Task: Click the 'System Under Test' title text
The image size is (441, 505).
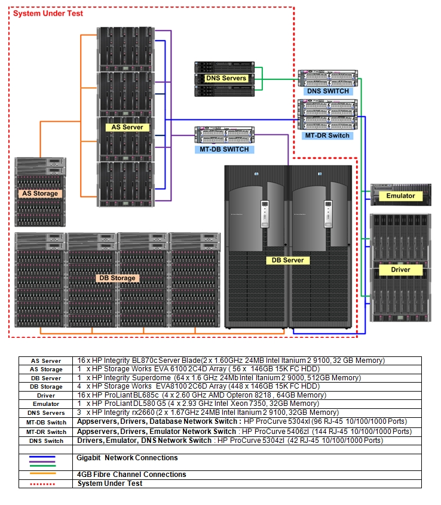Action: pos(48,13)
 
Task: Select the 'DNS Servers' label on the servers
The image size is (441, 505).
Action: pos(225,78)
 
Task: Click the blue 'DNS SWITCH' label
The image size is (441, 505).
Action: pos(327,91)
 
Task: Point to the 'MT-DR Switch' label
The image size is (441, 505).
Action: pos(327,136)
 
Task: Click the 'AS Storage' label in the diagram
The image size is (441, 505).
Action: pos(40,193)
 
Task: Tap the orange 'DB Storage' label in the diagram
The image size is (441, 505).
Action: pos(117,278)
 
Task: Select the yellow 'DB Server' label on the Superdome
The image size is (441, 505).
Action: pos(288,260)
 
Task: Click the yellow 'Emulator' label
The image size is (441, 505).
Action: pos(400,196)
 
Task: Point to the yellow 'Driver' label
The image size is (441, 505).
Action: pos(400,270)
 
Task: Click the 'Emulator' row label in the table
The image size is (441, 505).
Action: pos(46,404)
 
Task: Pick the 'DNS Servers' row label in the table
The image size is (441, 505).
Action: pos(46,413)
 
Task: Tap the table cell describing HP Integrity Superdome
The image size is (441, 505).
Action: pos(218,378)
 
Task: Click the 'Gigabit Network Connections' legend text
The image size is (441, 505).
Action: pos(127,458)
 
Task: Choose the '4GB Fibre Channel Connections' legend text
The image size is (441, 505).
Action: pos(131,475)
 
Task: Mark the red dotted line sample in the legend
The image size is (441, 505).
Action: pos(42,484)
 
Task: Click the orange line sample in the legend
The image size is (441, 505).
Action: pos(42,474)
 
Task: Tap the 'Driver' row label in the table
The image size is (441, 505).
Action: pos(46,395)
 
